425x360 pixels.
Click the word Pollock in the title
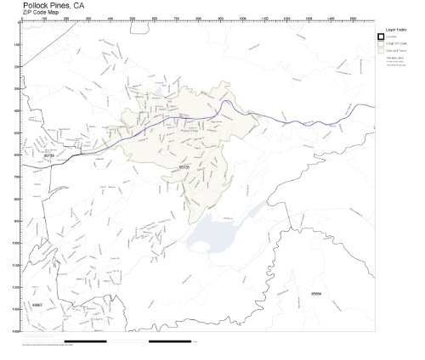point(36,5)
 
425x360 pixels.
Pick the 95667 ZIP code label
point(37,304)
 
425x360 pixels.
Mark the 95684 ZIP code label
point(316,293)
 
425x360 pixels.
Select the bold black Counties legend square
point(381,36)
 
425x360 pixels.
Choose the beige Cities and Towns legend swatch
point(381,50)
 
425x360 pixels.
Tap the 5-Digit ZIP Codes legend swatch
point(381,42)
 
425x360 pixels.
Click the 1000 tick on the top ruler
point(242,20)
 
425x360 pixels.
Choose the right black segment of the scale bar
point(170,341)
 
